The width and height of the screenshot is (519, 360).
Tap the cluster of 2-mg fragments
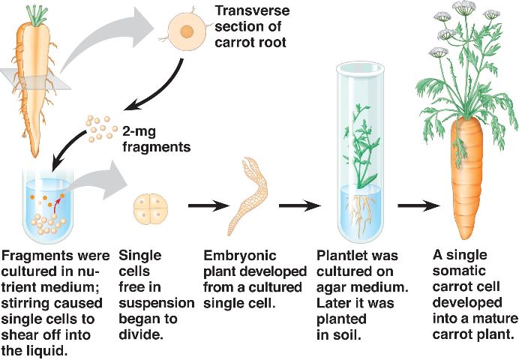click(x=100, y=128)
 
